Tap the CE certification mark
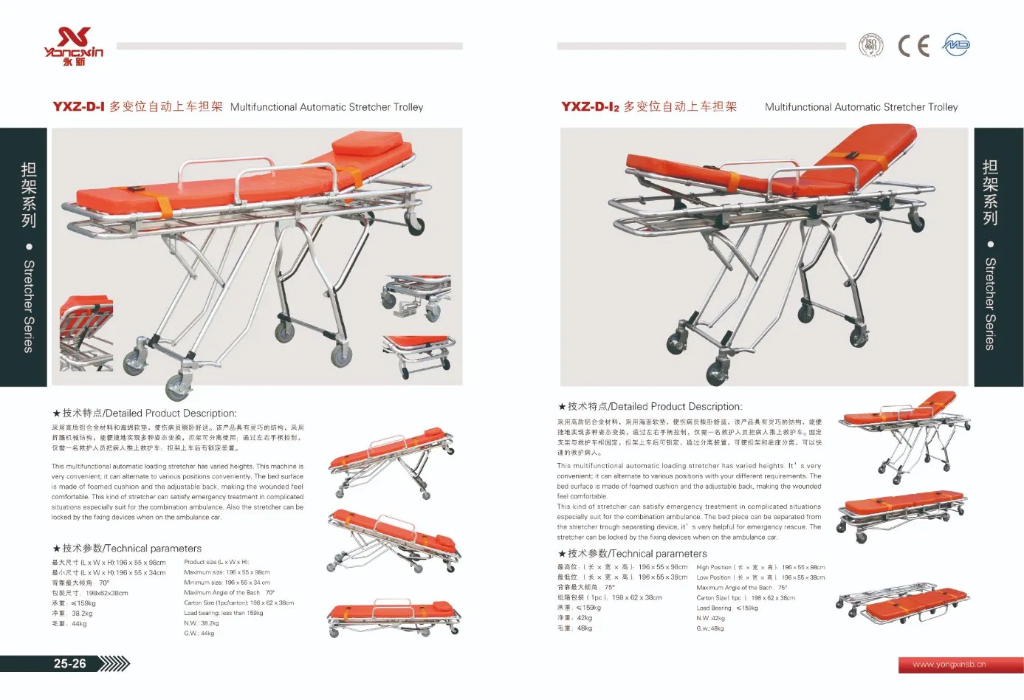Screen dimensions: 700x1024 [x=913, y=46]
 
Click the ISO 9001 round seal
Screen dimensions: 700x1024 [x=871, y=45]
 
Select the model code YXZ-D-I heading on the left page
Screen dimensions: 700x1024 [x=79, y=106]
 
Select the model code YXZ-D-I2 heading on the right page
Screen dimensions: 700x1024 [x=590, y=106]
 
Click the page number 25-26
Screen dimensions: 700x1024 [x=69, y=663]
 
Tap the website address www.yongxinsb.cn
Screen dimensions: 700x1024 [x=949, y=664]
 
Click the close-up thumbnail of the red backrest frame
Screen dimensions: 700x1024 [x=86, y=332]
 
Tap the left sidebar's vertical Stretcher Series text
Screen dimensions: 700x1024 [x=29, y=306]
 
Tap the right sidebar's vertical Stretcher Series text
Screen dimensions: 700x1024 [x=990, y=303]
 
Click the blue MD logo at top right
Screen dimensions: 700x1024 [x=956, y=45]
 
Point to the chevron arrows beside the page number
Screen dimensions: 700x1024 [x=114, y=663]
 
